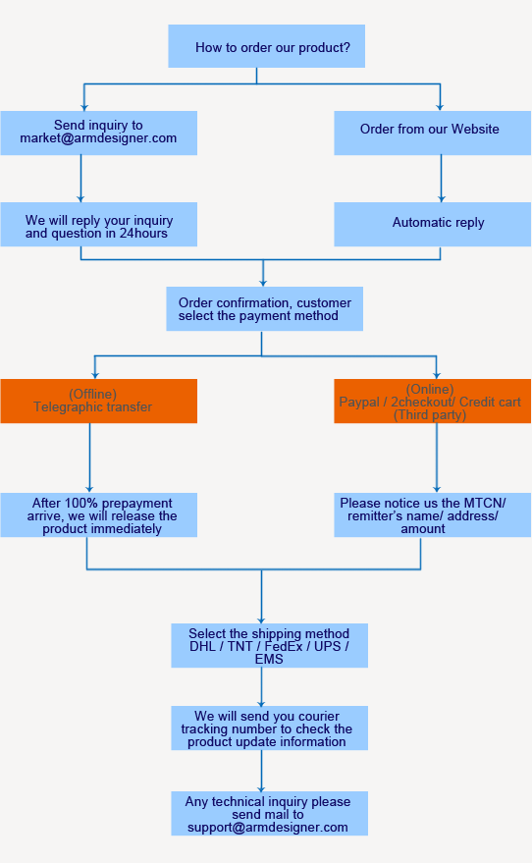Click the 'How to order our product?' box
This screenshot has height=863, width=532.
coord(266,47)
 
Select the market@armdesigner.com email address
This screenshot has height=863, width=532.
coord(98,138)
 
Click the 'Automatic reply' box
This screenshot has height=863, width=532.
coord(432,224)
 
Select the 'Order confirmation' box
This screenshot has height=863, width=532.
coord(264,309)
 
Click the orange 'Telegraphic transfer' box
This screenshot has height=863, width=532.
coord(98,402)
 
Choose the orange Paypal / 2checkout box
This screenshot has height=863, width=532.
coord(432,402)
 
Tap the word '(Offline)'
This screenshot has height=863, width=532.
coord(92,394)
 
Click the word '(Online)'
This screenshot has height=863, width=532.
coord(430,389)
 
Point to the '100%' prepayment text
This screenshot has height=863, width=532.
coord(97,503)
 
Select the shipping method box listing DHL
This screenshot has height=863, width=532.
coord(269,645)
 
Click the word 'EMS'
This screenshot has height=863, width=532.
coord(269,659)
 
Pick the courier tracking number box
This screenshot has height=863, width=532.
coord(269,728)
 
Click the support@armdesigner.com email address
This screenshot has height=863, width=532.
coord(268,827)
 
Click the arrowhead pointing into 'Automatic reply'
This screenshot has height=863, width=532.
coord(440,198)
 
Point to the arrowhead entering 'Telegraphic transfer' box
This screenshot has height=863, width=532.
coord(94,374)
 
